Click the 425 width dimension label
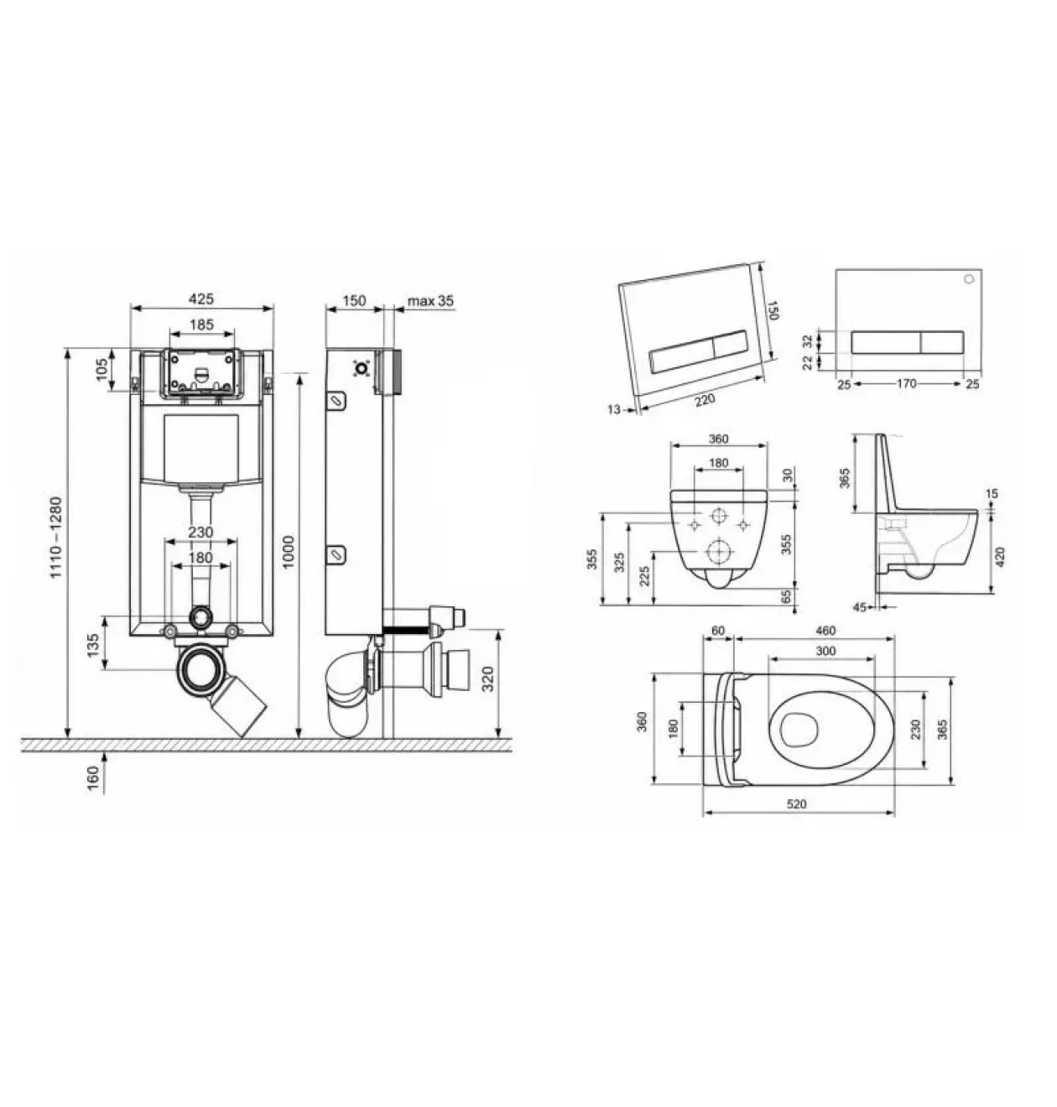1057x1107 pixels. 201,299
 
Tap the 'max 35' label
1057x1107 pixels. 430,301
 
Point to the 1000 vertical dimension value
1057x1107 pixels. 289,552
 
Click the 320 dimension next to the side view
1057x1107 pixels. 488,678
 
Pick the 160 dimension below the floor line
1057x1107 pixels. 93,777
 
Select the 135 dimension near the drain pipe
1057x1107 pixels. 93,645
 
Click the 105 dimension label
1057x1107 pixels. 101,369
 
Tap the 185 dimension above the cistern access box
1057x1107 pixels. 201,325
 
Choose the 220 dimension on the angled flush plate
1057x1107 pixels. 705,400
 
